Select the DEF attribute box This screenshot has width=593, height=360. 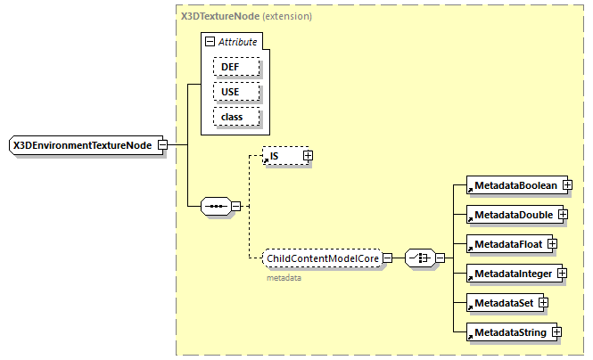pos(235,66)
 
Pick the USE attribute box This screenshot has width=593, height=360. pos(235,92)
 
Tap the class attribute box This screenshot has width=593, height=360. pos(235,117)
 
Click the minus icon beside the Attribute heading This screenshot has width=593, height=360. pos(210,42)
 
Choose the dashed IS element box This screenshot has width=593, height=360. pos(281,156)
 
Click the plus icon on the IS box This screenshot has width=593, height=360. pos(308,156)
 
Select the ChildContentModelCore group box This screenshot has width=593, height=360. pos(323,258)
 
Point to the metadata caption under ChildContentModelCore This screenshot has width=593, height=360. pos(284,278)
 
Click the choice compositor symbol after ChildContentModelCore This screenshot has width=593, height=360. pos(418,258)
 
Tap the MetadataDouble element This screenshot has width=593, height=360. pos(512,215)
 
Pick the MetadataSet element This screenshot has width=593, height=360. pos(502,302)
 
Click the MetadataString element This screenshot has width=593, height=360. pos(508,331)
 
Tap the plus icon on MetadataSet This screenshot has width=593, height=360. pos(542,302)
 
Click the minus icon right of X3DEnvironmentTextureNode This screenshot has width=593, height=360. pos(161,144)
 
